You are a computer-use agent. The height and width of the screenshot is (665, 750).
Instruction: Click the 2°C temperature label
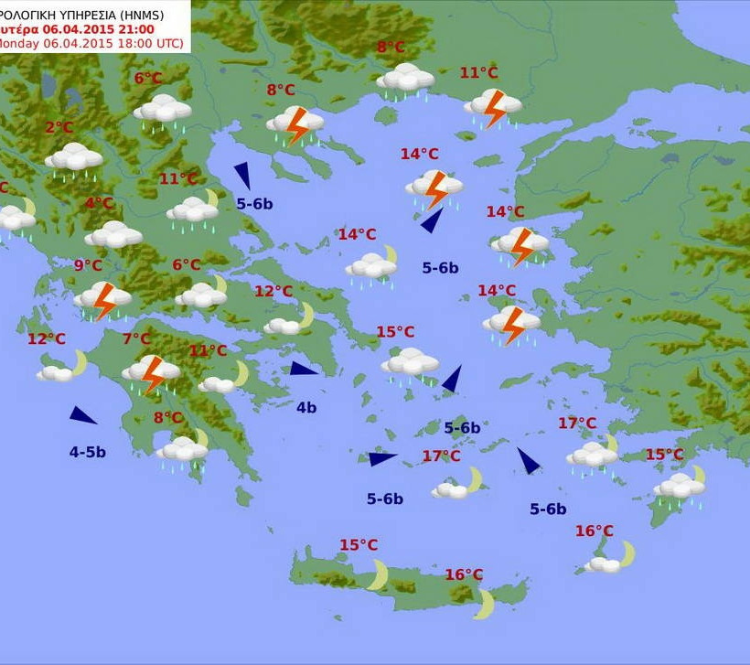point(59,128)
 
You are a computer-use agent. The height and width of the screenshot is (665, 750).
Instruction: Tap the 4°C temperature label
point(100,203)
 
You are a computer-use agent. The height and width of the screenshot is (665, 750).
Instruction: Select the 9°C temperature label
point(88,265)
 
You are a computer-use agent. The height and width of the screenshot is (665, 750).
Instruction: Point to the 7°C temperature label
point(137,339)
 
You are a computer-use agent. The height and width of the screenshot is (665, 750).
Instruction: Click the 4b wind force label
point(306,407)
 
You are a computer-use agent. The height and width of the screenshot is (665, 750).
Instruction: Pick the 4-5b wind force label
point(88,452)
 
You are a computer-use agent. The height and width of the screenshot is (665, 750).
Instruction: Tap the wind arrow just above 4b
point(304,369)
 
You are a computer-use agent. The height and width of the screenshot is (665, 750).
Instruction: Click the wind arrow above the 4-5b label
point(82,415)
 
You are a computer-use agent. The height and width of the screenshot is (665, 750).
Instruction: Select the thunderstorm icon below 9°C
point(103,299)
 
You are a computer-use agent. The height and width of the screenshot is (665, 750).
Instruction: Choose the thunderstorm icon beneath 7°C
point(152,373)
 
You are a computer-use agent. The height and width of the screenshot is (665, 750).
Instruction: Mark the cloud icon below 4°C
point(113,235)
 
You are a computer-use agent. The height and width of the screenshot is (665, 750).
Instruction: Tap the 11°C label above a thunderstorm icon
point(478,73)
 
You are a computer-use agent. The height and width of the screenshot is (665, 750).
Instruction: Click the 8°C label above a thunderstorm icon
point(281,90)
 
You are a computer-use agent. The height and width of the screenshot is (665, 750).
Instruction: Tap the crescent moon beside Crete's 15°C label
point(378,575)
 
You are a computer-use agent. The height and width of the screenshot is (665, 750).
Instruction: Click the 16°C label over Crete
point(464,574)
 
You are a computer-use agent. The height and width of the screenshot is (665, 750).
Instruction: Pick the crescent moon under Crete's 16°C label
point(484,604)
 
